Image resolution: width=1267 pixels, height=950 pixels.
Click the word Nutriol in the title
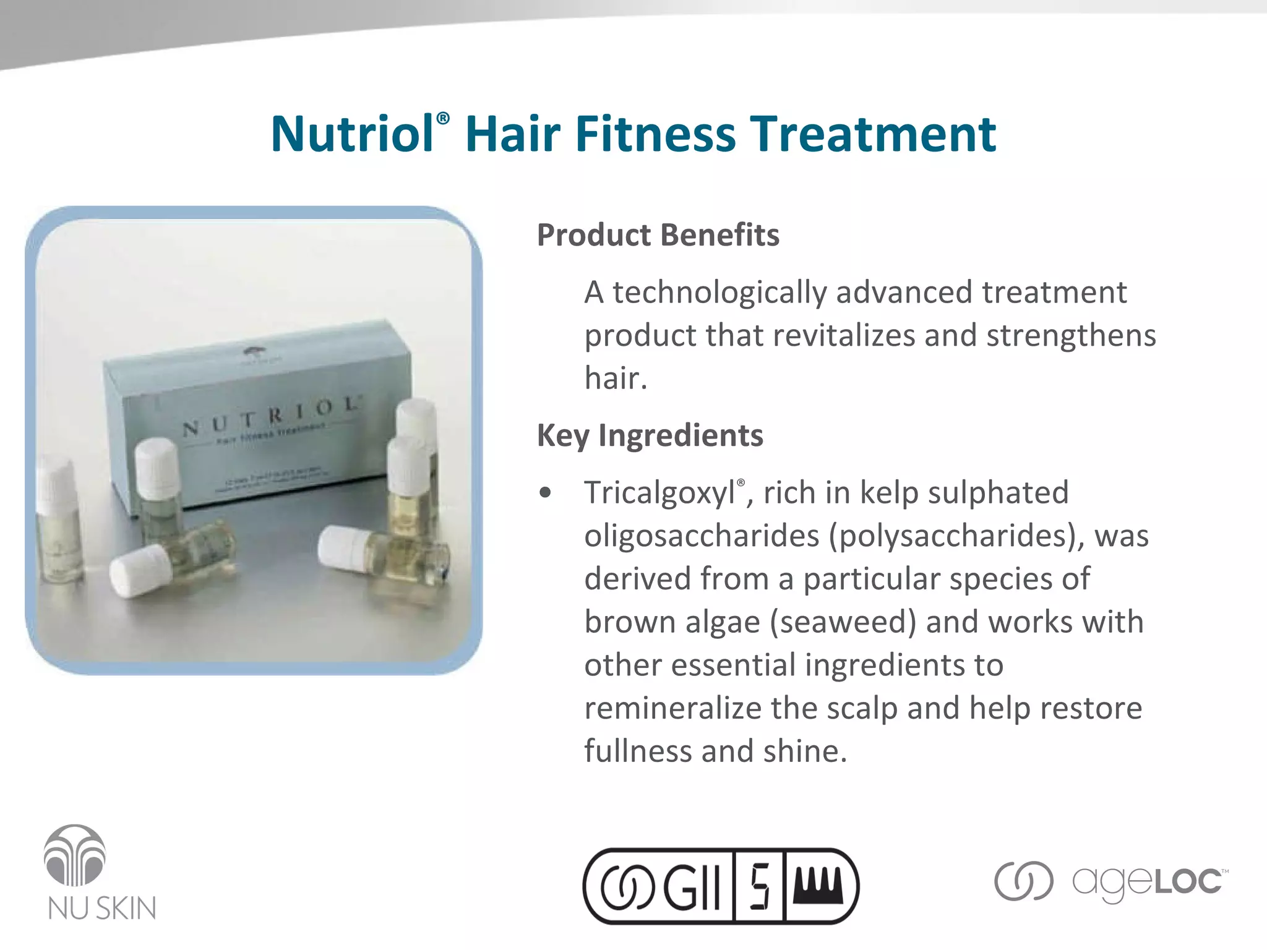click(x=352, y=134)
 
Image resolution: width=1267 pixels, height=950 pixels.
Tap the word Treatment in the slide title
click(x=873, y=134)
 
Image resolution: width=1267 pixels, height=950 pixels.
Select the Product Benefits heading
click(x=658, y=235)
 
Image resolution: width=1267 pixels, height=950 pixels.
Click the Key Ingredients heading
click(x=650, y=435)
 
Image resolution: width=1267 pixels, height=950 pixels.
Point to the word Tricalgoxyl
click(x=659, y=494)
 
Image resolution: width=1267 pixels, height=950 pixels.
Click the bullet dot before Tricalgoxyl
click(x=545, y=493)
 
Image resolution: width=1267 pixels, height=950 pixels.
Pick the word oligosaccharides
click(x=702, y=536)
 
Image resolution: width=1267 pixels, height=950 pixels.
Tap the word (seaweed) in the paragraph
click(x=843, y=622)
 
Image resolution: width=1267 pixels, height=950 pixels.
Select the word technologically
click(x=719, y=293)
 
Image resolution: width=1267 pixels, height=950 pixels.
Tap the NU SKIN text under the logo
click(x=102, y=908)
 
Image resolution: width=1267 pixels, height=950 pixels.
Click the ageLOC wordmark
click(x=1148, y=882)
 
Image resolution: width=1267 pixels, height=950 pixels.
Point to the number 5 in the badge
click(x=759, y=886)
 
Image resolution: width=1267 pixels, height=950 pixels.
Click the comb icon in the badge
click(x=817, y=885)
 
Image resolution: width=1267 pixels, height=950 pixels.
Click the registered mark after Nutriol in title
click(x=443, y=119)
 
